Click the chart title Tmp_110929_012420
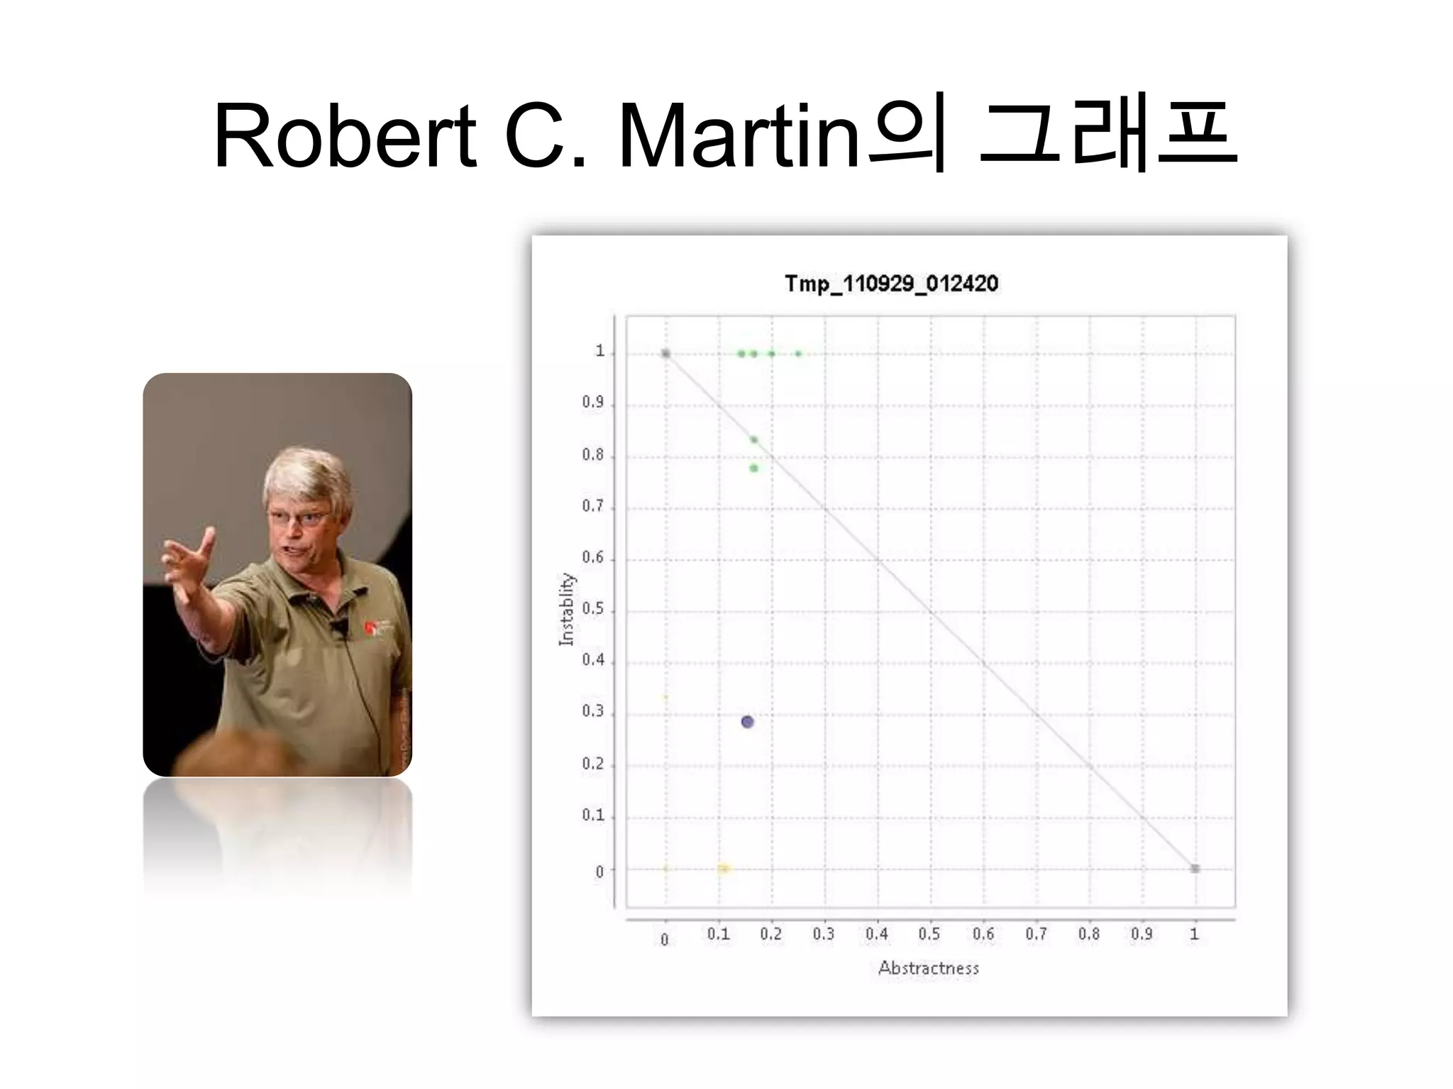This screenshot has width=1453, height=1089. (x=891, y=284)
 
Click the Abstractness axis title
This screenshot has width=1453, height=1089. (x=928, y=968)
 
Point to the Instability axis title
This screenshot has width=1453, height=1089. (x=566, y=609)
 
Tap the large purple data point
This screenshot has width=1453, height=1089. (x=747, y=722)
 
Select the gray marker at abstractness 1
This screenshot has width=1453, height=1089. (x=1195, y=869)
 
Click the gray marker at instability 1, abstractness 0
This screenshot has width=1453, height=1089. (x=665, y=353)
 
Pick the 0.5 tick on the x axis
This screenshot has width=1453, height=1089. (x=929, y=934)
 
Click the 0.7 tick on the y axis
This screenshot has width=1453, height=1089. (x=593, y=506)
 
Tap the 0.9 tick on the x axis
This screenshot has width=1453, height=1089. (x=1142, y=934)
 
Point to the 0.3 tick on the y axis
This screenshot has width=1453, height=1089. (x=593, y=711)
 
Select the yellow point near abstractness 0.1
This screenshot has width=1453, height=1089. (x=724, y=869)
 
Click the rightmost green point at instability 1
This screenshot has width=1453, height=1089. (x=798, y=353)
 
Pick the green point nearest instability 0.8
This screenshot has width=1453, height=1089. (x=753, y=468)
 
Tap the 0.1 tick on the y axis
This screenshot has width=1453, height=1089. (x=593, y=815)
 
